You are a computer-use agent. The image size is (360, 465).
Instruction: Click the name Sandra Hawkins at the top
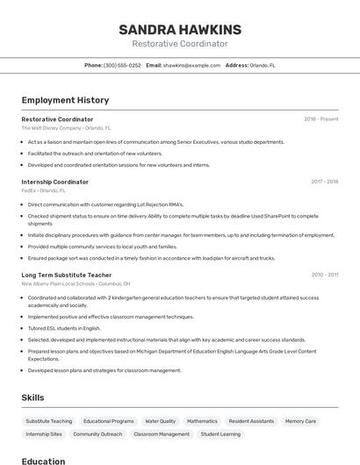pos(180,30)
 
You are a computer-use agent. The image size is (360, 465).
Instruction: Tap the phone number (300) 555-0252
pos(122,65)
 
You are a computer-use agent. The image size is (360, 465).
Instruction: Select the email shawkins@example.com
pos(191,65)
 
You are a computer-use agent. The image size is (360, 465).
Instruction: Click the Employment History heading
pos(65,101)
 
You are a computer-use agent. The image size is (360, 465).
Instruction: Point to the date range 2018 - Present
pos(320,119)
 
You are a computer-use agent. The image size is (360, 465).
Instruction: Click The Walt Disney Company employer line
pos(66,128)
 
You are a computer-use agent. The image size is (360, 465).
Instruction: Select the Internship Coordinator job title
pos(54,182)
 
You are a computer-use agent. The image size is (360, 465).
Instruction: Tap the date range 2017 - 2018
pos(324,182)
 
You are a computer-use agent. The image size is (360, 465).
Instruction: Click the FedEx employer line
pos(43,190)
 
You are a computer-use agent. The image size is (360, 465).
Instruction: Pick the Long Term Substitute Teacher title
pos(67,275)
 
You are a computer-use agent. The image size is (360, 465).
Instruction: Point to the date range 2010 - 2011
pos(324,275)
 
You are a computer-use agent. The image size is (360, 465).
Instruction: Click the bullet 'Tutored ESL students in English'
pos(64,328)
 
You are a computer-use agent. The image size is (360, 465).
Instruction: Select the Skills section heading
pos(32,397)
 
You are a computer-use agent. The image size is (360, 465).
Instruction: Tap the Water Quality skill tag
pos(161,421)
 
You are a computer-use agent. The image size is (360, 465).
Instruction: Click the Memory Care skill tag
pos(300,421)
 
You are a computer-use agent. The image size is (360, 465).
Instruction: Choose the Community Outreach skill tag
pos(97,434)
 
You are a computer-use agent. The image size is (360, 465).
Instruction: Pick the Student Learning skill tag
pos(220,434)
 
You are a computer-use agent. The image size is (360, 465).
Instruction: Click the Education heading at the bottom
pos(44,461)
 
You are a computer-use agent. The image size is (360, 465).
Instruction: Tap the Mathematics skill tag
pos(202,421)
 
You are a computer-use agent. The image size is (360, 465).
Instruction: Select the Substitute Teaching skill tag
pos(49,421)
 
